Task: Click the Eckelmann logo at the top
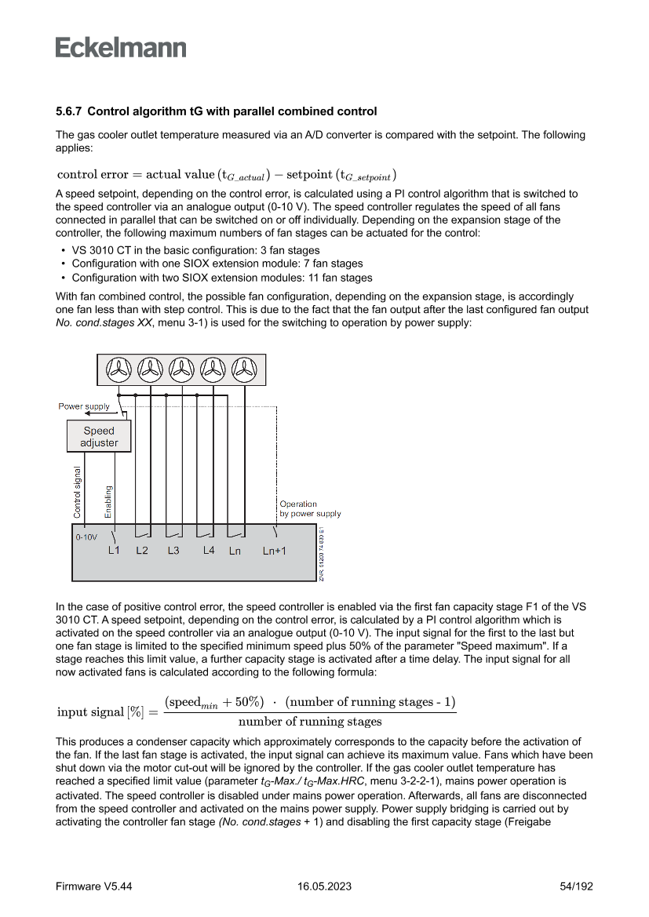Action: [x=121, y=48]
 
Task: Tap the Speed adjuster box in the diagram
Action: [x=99, y=437]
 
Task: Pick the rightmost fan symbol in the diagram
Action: [x=244, y=369]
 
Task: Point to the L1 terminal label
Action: [x=113, y=551]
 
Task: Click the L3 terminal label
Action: [x=173, y=551]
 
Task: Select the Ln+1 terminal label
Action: [x=274, y=551]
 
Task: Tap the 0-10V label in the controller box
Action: [x=86, y=538]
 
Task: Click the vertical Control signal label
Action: [x=77, y=492]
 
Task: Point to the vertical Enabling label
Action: [x=108, y=502]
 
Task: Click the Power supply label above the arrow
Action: [x=84, y=406]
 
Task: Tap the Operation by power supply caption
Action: [x=310, y=509]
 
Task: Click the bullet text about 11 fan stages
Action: [x=222, y=278]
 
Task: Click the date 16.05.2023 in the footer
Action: [x=324, y=886]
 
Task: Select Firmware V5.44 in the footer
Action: [x=93, y=886]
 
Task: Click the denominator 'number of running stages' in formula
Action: [x=310, y=721]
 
